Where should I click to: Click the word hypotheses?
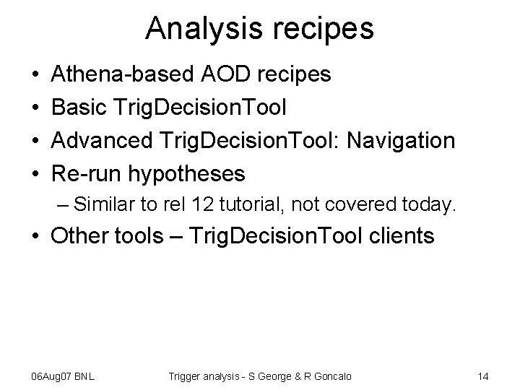click(x=187, y=174)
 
